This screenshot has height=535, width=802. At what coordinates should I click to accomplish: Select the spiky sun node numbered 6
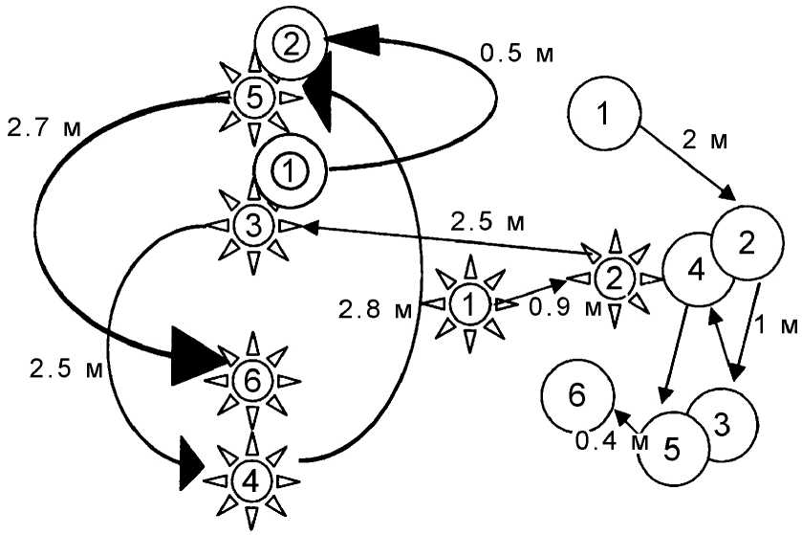pos(252,380)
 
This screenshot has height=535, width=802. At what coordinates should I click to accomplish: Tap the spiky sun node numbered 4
pos(250,481)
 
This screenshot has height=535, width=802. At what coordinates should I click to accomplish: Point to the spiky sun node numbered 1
pos(468,305)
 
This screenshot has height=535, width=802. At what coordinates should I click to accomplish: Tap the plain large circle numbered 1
pos(603,114)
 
